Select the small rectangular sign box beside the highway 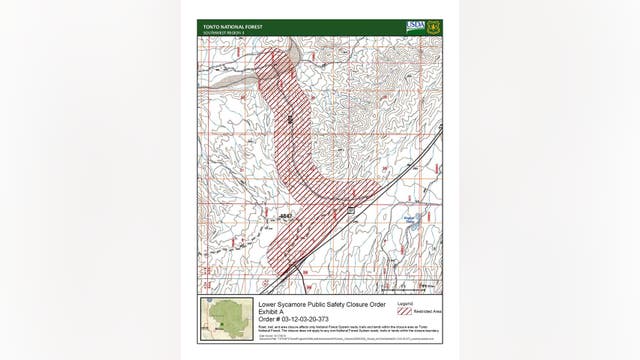351,209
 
